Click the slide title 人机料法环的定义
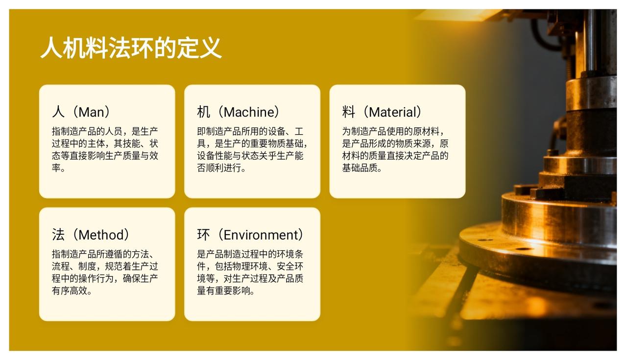131,48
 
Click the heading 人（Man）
81,112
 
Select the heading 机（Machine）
239,112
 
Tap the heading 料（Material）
382,112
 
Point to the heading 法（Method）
91,235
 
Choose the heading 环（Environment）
250,235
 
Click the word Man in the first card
91,112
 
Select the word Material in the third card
393,112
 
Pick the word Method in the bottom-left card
101,235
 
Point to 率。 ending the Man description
58,168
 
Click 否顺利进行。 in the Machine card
221,168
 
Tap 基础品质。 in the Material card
362,168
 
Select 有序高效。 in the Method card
72,290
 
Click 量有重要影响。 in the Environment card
226,290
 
